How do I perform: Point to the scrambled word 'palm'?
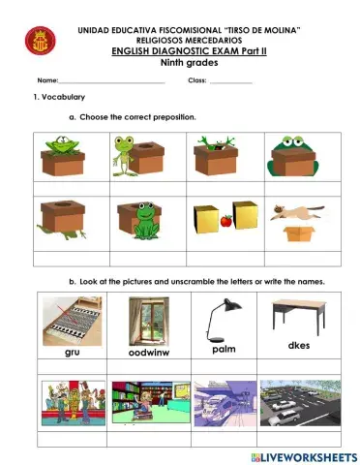tap(225, 349)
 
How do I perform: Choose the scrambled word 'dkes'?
tap(300, 345)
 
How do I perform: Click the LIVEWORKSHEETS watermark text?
tap(302, 454)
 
